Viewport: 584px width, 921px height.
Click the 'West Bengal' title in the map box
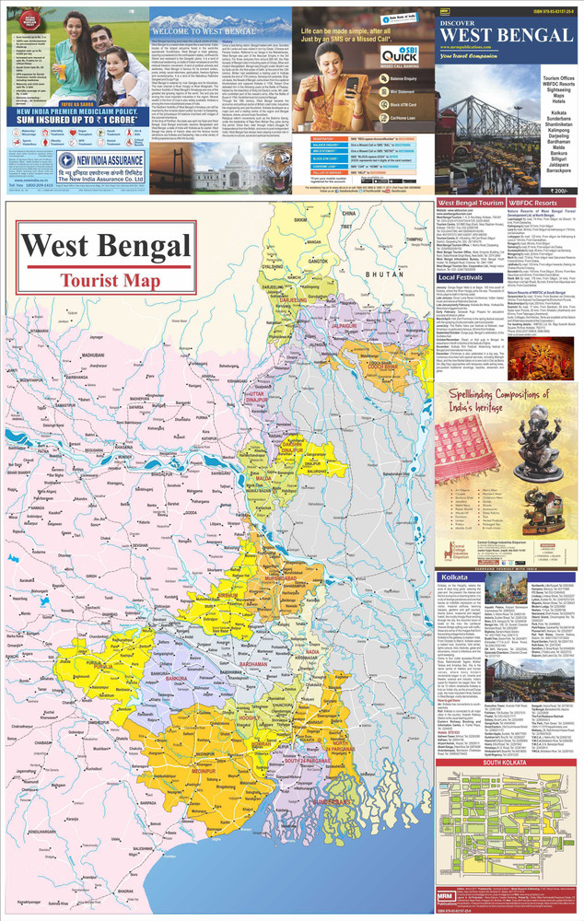coord(102,246)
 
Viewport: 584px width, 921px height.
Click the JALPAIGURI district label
coord(343,325)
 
